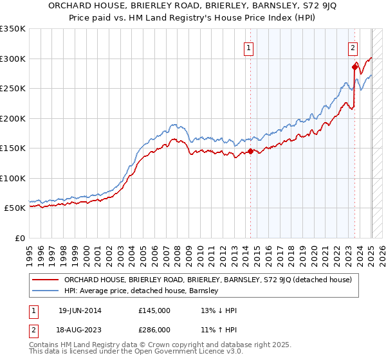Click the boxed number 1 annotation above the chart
[248, 46]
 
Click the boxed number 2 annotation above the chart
[353, 46]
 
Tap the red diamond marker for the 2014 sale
[251, 152]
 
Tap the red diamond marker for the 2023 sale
[354, 67]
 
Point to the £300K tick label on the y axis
[13, 59]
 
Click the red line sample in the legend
[44, 280]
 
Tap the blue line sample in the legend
[44, 291]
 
